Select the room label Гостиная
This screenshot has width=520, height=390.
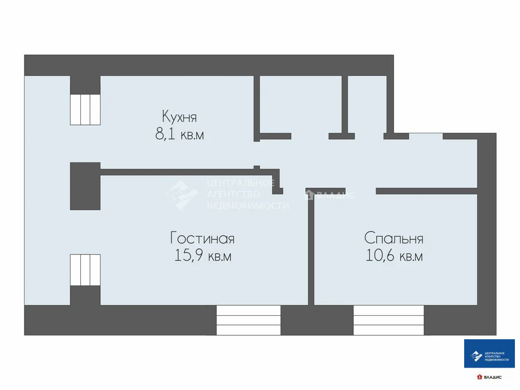(202, 238)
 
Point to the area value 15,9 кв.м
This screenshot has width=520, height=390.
(203, 256)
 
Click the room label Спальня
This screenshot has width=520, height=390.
(394, 238)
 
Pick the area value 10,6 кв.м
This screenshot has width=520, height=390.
(394, 256)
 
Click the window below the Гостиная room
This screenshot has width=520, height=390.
(248, 320)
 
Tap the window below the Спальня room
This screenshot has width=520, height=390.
(388, 320)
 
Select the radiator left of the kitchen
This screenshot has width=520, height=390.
(85, 109)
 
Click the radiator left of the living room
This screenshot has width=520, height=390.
(85, 270)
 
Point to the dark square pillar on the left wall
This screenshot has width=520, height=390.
(85, 186)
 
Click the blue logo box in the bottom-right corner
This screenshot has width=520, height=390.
(489, 353)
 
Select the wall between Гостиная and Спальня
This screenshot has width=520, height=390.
(311, 249)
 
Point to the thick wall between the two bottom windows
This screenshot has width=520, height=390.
(317, 320)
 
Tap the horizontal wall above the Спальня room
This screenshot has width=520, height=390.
(427, 191)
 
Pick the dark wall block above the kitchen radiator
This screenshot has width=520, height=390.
(85, 84)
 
